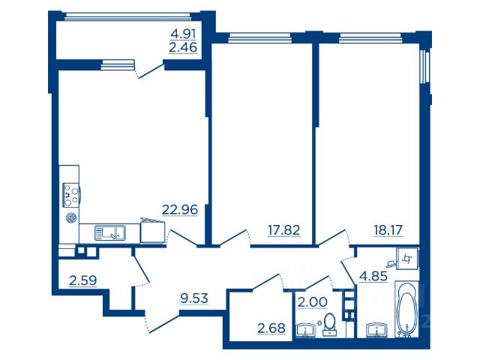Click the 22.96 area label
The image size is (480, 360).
tap(180, 210)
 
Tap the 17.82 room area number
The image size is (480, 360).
tap(283, 230)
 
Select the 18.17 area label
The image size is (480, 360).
tap(388, 230)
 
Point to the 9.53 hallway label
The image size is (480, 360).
tap(194, 298)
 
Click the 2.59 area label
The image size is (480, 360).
tap(83, 280)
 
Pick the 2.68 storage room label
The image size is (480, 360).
tap(271, 328)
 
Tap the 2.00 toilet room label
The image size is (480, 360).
tap(313, 302)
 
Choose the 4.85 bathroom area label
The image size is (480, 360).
tap(373, 276)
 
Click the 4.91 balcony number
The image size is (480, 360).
tap(183, 34)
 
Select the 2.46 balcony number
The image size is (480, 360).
tap(183, 48)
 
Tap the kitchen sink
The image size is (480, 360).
tap(110, 233)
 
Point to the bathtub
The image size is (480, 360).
tap(406, 309)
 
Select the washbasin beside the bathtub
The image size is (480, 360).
tap(377, 330)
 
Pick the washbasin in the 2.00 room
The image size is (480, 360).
tap(306, 331)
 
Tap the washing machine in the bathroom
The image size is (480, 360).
tap(407, 259)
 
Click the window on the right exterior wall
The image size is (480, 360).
tap(424, 66)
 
